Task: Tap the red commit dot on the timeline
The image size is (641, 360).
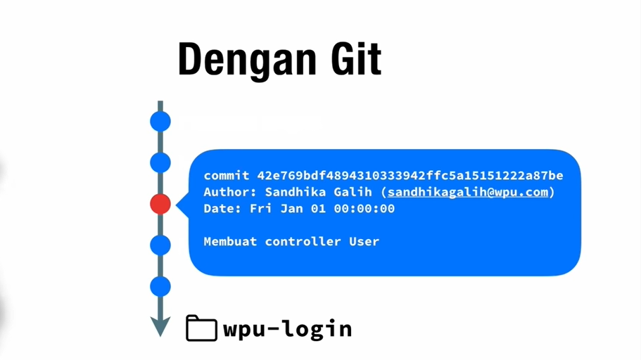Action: pos(160,204)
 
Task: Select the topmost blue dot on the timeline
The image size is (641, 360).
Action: pos(160,122)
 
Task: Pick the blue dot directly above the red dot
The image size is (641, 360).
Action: pos(160,163)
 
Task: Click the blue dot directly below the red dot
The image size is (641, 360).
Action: pos(160,245)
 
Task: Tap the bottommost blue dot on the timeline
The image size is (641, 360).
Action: pos(160,287)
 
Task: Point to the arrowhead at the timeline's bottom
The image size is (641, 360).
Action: pos(160,326)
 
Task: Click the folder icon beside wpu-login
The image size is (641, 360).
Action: pos(201,328)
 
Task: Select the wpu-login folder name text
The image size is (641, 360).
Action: pos(287,328)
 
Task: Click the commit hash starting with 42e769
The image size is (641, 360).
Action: pos(410,176)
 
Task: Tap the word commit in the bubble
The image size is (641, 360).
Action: pos(227,176)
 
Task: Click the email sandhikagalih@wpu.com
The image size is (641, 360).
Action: pos(467,192)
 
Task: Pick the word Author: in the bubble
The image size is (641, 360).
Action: pos(231,192)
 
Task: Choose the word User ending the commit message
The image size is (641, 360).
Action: pos(364,241)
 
